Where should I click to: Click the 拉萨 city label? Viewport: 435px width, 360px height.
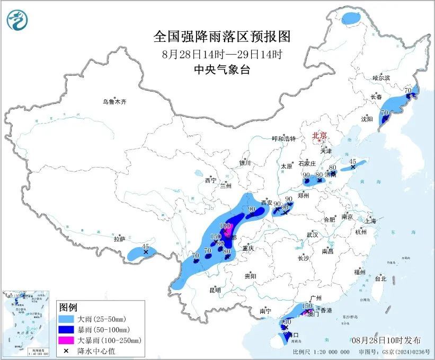119,239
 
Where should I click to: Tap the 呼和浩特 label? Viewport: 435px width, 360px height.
286,138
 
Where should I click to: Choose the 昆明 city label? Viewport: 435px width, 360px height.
215,289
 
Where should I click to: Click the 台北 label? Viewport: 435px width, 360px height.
380,278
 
